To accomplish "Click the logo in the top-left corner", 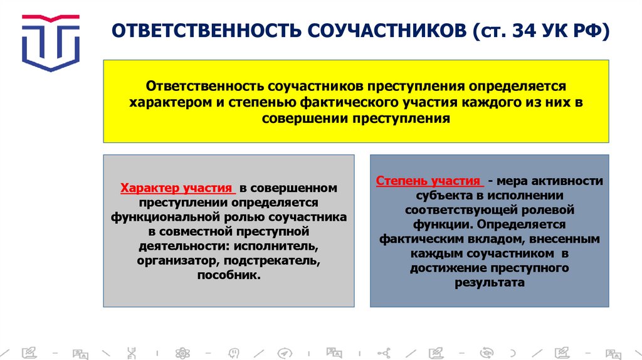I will click(x=50, y=41).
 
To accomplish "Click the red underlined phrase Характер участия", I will click(x=177, y=188).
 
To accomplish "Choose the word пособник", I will click(x=228, y=275).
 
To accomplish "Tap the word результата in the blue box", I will click(x=489, y=282).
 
